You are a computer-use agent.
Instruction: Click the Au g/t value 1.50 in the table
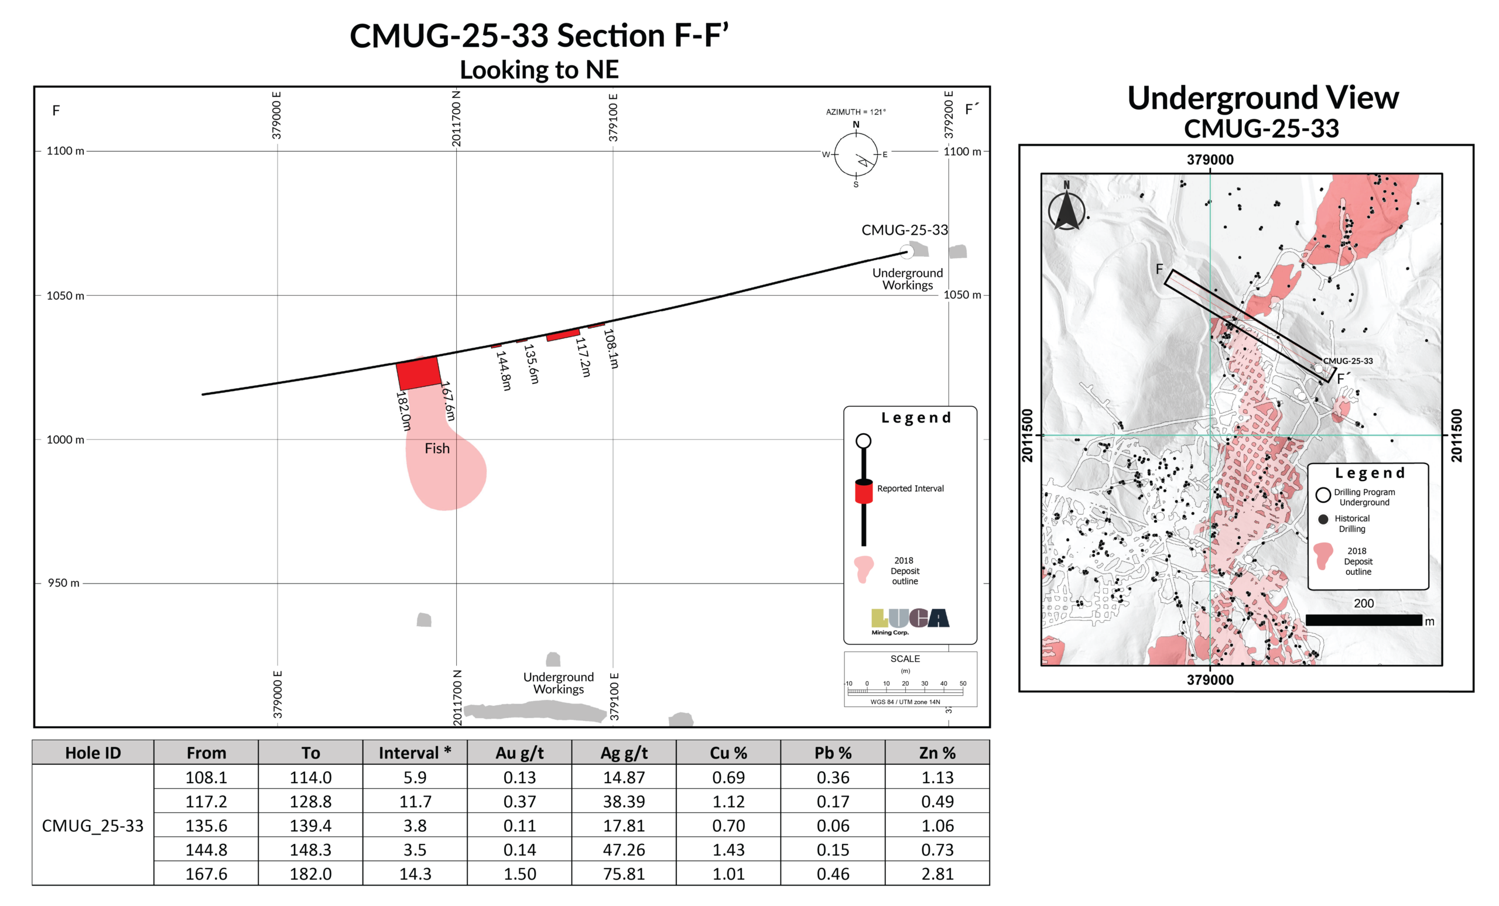(519, 874)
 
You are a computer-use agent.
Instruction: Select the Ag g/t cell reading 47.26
(624, 849)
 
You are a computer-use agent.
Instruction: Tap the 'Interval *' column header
(415, 753)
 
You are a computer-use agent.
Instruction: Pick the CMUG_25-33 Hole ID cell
(93, 825)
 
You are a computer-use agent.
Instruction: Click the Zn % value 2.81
(937, 874)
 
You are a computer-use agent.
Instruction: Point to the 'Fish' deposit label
(437, 449)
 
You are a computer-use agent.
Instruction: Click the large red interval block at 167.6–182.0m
(419, 373)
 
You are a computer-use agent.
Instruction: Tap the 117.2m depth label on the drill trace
(583, 357)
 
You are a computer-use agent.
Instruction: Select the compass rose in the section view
(856, 155)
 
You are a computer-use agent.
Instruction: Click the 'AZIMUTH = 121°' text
(855, 112)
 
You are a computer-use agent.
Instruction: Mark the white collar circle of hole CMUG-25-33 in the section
(906, 250)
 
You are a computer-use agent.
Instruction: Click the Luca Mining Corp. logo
(909, 620)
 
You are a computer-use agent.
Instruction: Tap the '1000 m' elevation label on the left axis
(65, 440)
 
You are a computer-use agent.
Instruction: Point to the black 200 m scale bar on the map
(1363, 620)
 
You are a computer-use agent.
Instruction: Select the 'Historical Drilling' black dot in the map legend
(1323, 519)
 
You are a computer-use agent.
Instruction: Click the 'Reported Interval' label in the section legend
(910, 488)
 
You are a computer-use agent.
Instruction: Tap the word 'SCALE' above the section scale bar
(905, 658)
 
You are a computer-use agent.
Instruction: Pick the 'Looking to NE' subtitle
(539, 70)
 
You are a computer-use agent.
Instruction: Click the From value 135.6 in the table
(206, 825)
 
